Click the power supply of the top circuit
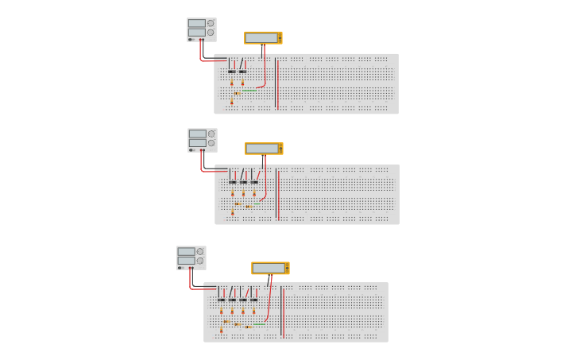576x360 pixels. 201,29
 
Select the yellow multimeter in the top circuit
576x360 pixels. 263,37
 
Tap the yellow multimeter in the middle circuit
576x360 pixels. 264,149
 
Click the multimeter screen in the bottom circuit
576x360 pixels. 269,268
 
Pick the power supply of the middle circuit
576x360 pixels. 202,140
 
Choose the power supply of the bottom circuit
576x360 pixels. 191,257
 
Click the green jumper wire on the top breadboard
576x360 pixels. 249,91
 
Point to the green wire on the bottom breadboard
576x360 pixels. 259,324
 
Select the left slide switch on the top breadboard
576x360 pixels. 232,71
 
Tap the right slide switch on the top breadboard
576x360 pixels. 242,71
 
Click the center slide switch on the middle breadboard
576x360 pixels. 243,181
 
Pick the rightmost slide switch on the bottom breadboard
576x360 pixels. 254,299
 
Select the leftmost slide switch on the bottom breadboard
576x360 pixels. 222,299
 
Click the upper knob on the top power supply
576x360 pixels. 211,24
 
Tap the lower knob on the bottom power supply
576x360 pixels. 200,261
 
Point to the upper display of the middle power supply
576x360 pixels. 197,134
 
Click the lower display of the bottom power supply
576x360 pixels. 186,261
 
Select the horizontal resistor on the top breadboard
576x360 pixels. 237,93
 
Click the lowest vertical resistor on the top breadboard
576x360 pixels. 232,101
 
